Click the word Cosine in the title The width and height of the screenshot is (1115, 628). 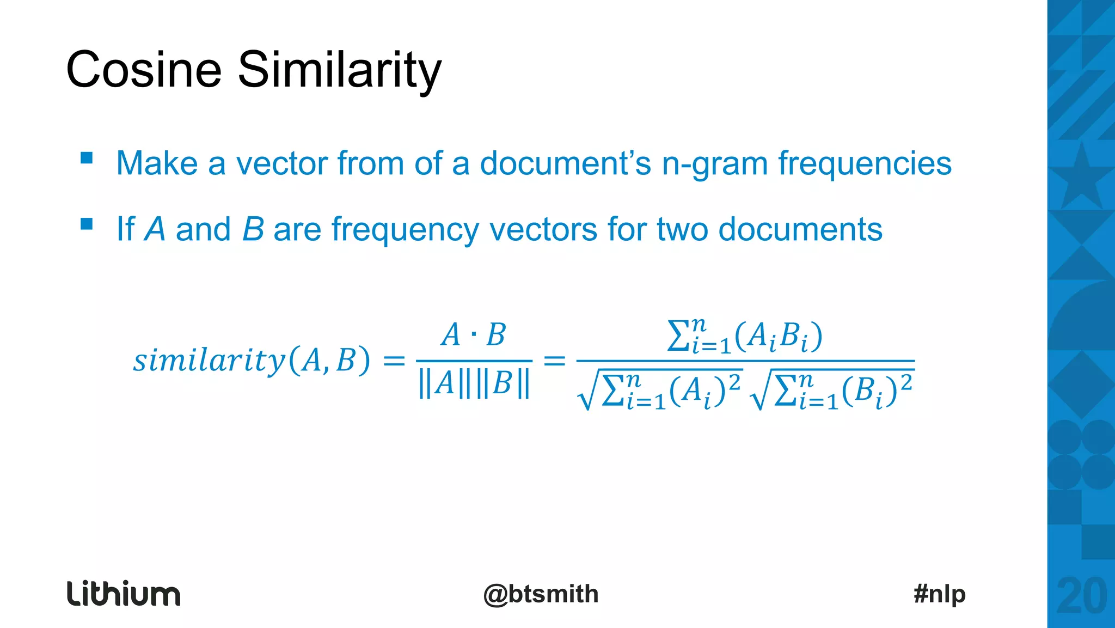144,70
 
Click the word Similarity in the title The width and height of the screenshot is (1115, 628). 340,70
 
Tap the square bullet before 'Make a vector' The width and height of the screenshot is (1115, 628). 87,158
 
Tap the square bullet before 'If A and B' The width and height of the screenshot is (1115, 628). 87,224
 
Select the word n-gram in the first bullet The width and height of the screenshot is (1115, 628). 714,164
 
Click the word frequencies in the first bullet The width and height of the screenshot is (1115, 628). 865,164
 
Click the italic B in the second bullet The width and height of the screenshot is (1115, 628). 253,229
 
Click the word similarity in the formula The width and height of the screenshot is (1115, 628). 209,361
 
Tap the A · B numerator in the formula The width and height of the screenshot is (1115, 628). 473,335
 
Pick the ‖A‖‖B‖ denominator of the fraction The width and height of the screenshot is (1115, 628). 474,383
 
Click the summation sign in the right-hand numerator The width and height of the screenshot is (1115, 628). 678,336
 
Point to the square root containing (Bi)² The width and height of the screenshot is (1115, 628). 832,390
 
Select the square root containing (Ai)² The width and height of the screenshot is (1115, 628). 660,390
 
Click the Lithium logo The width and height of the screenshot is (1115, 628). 124,594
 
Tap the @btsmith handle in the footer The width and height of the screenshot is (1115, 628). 541,594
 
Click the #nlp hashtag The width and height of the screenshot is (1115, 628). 939,594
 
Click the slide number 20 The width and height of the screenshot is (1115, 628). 1081,596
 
